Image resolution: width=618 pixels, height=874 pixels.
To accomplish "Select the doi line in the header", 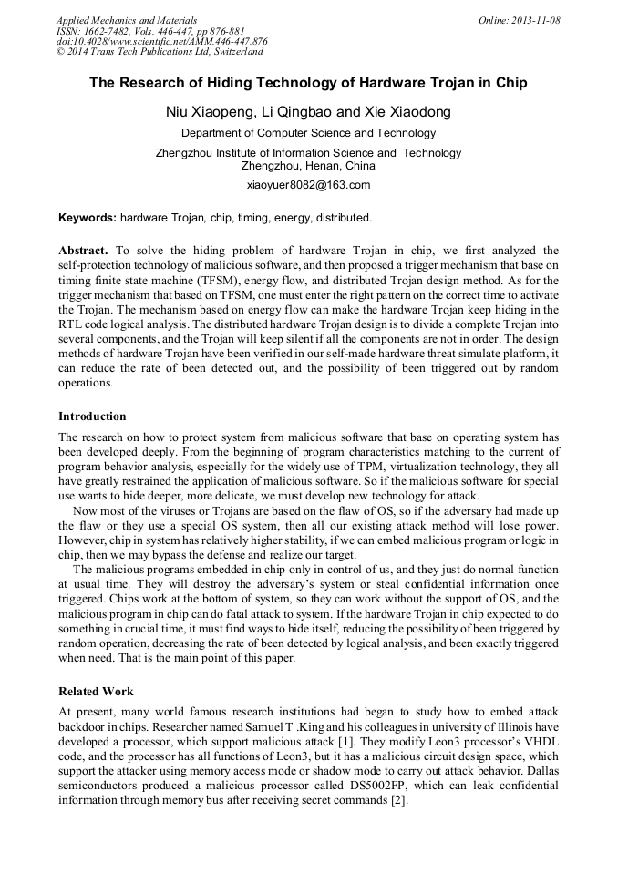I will (x=161, y=41).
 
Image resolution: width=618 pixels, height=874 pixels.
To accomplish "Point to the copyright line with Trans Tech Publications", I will (x=160, y=52).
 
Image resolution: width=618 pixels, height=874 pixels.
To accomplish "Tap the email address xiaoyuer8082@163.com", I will (x=308, y=185).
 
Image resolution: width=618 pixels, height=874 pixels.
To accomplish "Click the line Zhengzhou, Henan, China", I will (x=308, y=166).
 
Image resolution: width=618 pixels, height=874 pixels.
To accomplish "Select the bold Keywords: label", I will (x=88, y=218).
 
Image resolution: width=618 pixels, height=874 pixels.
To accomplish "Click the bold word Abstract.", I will (x=83, y=250).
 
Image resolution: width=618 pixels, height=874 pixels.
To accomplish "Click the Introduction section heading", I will (x=92, y=416).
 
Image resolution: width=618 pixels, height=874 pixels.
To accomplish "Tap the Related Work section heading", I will (x=96, y=692).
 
